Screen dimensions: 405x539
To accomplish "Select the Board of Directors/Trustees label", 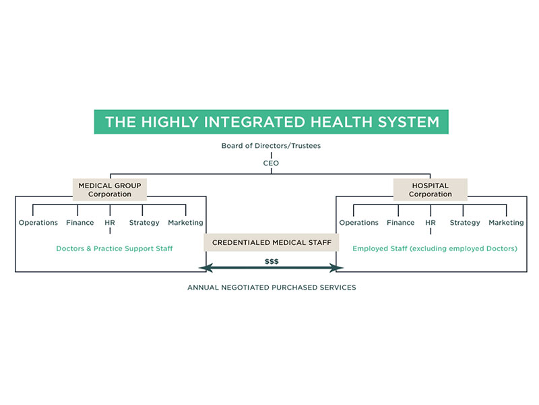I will pyautogui.click(x=271, y=146).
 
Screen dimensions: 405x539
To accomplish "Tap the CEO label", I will pyautogui.click(x=271, y=162).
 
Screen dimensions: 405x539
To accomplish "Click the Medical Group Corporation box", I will pyautogui.click(x=110, y=190).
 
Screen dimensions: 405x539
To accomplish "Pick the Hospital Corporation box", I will pyautogui.click(x=430, y=190).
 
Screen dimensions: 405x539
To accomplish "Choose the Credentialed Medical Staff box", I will pyautogui.click(x=272, y=242).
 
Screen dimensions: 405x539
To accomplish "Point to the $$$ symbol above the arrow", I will pyautogui.click(x=272, y=261).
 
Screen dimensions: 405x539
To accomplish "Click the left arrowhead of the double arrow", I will pyautogui.click(x=211, y=268).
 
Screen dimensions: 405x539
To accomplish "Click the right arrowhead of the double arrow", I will pyautogui.click(x=331, y=268).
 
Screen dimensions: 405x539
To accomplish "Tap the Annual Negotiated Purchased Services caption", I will pyautogui.click(x=272, y=288).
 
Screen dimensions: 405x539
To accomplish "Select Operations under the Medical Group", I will pyautogui.click(x=38, y=223).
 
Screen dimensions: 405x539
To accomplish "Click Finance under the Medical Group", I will pyautogui.click(x=80, y=223).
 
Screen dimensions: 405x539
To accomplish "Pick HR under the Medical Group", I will pyautogui.click(x=110, y=223).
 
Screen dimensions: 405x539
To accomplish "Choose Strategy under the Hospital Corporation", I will pyautogui.click(x=465, y=223).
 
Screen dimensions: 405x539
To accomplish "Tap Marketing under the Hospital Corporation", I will pyautogui.click(x=506, y=223).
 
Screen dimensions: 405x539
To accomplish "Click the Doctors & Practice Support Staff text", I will pyautogui.click(x=115, y=248).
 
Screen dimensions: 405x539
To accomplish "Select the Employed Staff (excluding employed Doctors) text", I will pyautogui.click(x=435, y=248).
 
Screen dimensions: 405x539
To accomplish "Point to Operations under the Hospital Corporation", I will pyautogui.click(x=359, y=223).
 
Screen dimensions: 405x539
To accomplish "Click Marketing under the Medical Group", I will pyautogui.click(x=185, y=223).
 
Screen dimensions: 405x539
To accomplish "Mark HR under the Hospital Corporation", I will pyautogui.click(x=431, y=223).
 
